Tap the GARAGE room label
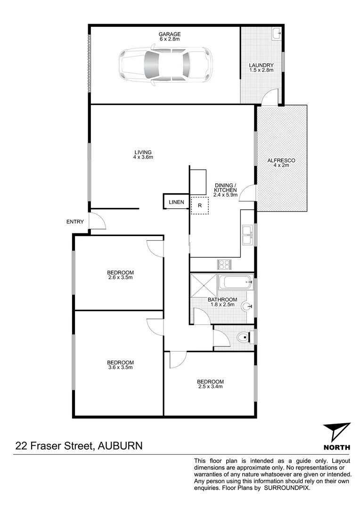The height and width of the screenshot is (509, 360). [170, 34]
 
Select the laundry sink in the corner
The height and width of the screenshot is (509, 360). [277, 33]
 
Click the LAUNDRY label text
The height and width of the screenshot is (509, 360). [262, 66]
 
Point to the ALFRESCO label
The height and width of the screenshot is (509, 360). [281, 161]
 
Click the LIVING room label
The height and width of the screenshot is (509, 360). [143, 152]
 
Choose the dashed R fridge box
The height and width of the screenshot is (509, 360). [200, 205]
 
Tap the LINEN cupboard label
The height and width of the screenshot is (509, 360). [176, 202]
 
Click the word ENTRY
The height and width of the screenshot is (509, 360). [75, 222]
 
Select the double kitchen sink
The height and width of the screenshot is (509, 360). [247, 235]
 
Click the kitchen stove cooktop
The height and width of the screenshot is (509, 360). [223, 264]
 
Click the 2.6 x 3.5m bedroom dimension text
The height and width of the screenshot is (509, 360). [121, 278]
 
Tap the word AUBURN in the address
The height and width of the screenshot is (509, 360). [120, 445]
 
